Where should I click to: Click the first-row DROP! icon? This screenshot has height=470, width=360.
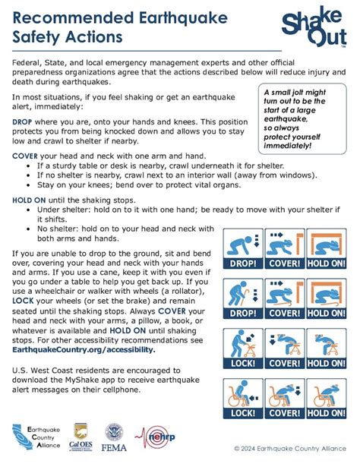point(242,250)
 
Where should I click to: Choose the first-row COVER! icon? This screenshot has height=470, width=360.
point(285,250)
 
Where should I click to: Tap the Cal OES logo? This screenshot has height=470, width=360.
point(81,438)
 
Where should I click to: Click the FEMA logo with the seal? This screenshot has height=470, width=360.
point(115,438)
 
